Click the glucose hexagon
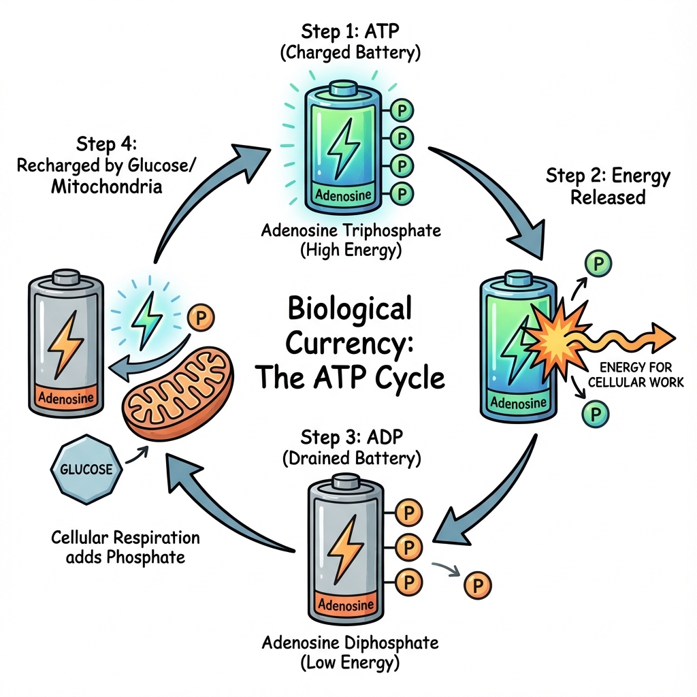[86, 470]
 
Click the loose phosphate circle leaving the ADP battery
[476, 585]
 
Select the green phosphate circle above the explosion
[598, 263]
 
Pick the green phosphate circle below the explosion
[596, 412]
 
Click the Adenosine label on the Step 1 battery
[344, 195]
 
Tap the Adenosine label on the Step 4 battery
[66, 397]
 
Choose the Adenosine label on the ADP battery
[346, 604]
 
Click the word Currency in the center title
[349, 342]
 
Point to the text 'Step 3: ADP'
[349, 436]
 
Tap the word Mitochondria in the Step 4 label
[106, 187]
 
